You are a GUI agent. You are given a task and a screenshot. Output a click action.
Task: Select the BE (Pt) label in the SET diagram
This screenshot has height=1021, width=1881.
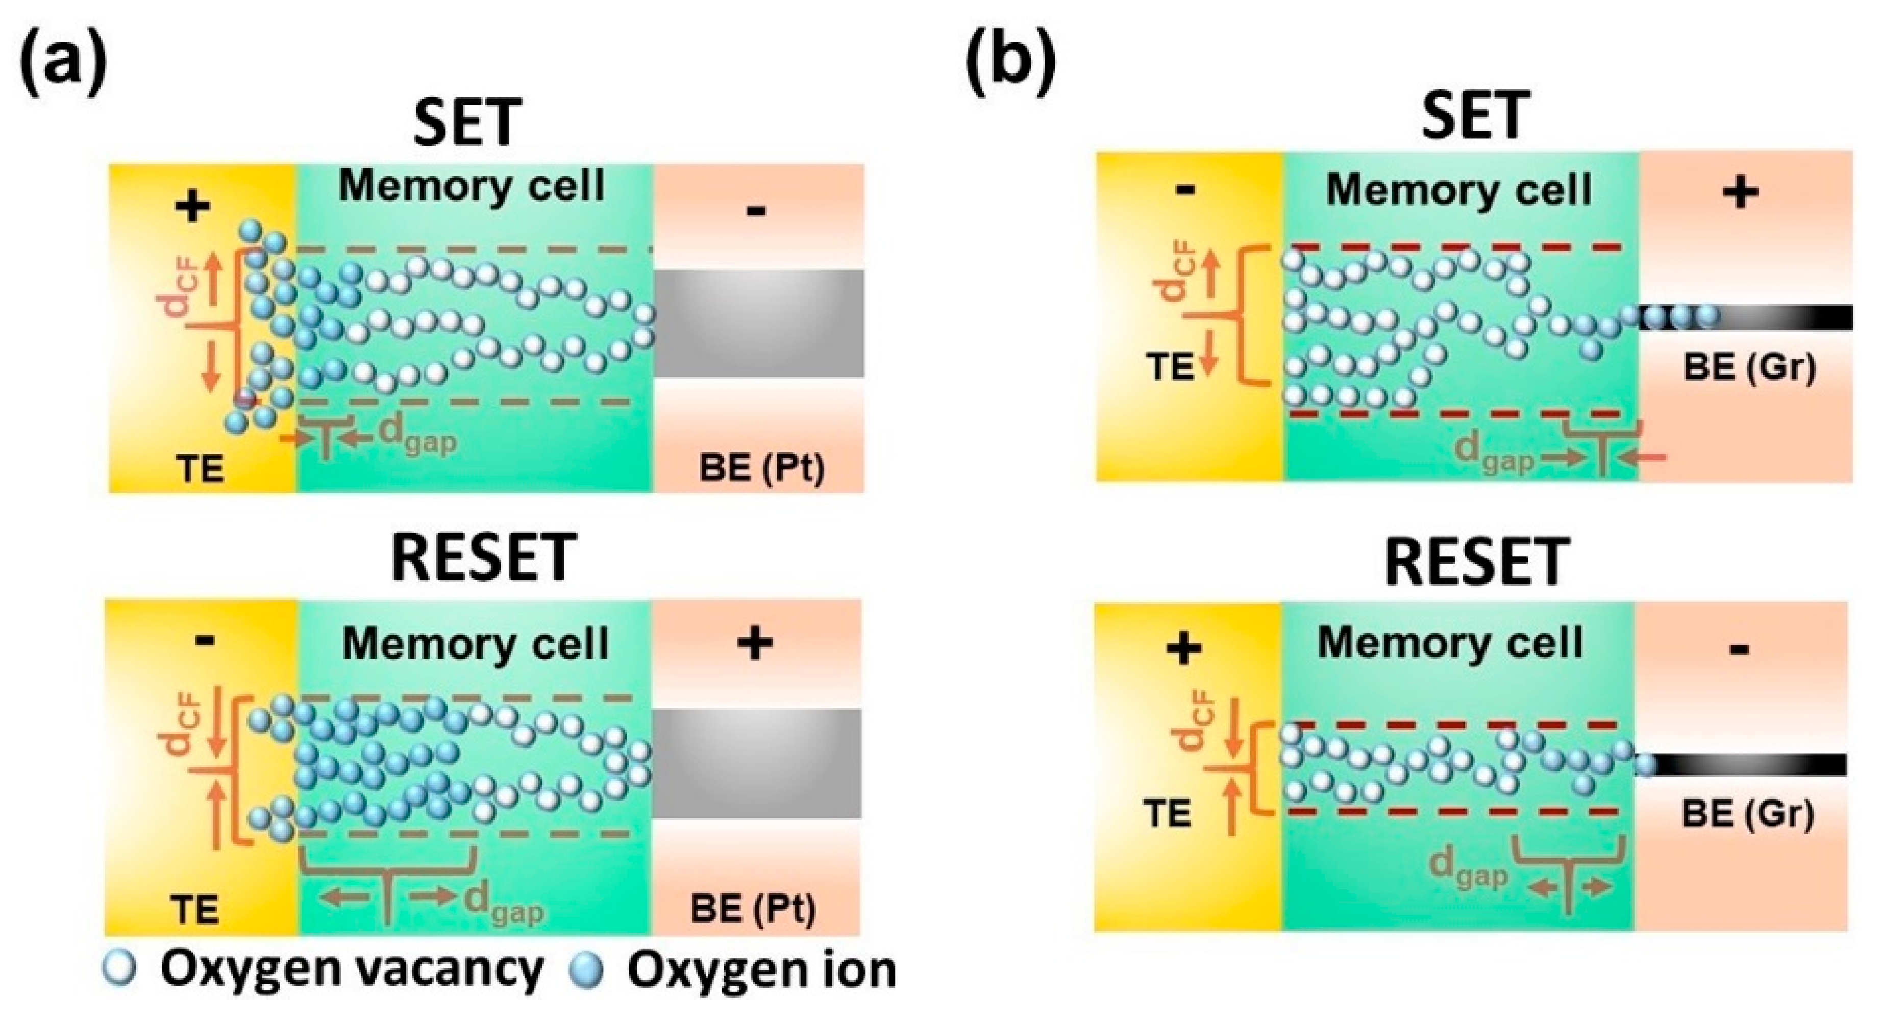761,468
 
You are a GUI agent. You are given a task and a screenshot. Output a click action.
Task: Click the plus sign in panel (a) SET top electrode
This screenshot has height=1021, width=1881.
193,207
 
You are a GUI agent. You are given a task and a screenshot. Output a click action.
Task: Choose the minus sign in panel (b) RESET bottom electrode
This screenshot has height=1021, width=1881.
1739,649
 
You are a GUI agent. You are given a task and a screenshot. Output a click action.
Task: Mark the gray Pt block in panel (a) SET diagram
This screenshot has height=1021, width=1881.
758,323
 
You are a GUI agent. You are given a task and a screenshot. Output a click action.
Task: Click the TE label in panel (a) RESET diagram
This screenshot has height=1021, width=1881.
195,909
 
